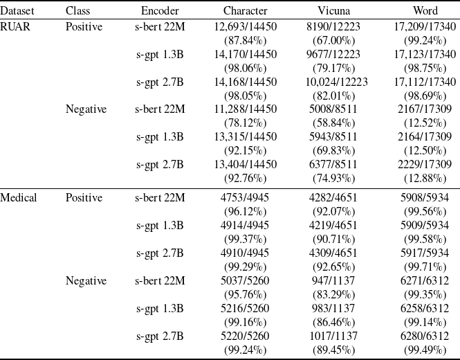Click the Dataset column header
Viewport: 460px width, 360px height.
[x=17, y=11]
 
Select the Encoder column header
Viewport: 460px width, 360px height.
[x=160, y=11]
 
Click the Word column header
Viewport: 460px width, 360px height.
[x=425, y=11]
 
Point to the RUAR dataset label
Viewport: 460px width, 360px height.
[x=15, y=27]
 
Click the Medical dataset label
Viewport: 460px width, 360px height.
[x=19, y=198]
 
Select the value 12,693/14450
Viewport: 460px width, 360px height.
[x=246, y=27]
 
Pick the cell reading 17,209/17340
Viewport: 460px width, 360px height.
[x=425, y=27]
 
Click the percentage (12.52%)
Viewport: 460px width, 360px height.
[x=425, y=123]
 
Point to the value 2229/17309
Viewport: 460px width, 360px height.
[x=425, y=164]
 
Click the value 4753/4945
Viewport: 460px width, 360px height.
[x=246, y=198]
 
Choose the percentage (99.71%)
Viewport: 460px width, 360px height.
[x=425, y=267]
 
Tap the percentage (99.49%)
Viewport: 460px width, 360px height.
[x=425, y=349]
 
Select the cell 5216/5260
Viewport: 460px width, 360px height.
[x=246, y=308]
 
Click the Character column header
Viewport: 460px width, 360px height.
[x=246, y=11]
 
